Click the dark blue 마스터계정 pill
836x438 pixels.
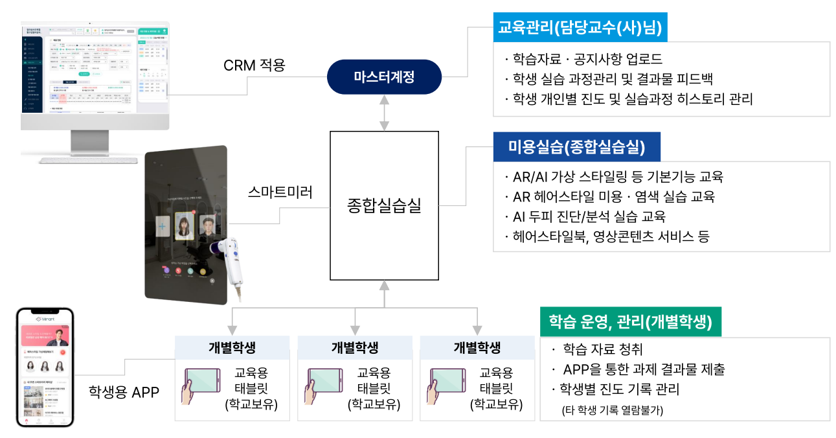coord(384,78)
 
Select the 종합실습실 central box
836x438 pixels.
coord(384,206)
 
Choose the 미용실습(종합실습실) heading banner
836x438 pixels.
coord(576,148)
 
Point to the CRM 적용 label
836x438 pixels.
coord(254,65)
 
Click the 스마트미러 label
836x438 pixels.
coord(280,192)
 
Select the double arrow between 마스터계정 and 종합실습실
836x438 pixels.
coord(385,113)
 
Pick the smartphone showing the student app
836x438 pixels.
coord(45,367)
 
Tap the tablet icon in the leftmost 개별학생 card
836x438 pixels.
coord(202,386)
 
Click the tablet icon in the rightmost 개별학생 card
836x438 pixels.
coord(447,386)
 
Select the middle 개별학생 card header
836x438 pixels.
coord(354,347)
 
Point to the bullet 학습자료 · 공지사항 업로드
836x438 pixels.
coord(583,60)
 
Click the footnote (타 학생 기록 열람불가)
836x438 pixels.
coord(612,409)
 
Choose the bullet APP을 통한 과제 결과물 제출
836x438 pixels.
coord(638,370)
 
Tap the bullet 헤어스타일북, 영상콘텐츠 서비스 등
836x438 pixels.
coord(606,236)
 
